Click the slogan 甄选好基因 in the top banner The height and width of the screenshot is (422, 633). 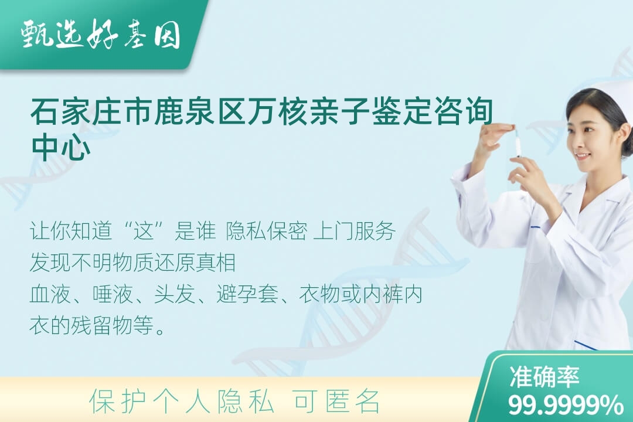coord(101,35)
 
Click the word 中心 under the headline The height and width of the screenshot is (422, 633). coord(60,147)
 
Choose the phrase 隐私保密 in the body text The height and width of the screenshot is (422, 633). coord(267,232)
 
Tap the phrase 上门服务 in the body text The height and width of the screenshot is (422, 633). coord(355,232)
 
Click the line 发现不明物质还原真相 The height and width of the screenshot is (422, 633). coord(133,263)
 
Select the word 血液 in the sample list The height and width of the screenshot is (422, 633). coord(50,294)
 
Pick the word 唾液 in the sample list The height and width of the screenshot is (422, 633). coord(113,294)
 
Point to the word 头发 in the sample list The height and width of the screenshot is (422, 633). coord(175,294)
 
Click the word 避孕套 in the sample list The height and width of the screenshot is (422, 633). coord(247,294)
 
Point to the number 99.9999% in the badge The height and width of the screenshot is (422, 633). coord(566,404)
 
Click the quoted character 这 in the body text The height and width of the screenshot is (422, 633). coord(144,232)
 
